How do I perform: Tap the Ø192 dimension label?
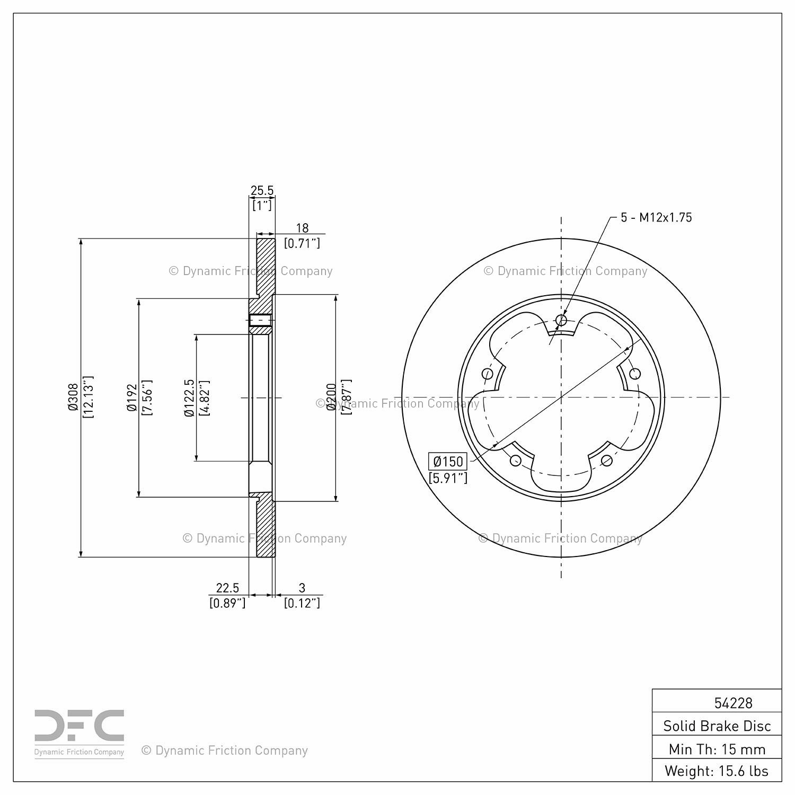(132, 397)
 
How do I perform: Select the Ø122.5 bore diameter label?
(189, 397)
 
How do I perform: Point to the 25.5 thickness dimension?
(262, 190)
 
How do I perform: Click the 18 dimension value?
(302, 228)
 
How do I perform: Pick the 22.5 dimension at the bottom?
(227, 588)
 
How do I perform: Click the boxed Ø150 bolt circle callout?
(448, 461)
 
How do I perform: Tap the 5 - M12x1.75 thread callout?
(656, 217)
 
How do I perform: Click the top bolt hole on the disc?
(561, 320)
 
